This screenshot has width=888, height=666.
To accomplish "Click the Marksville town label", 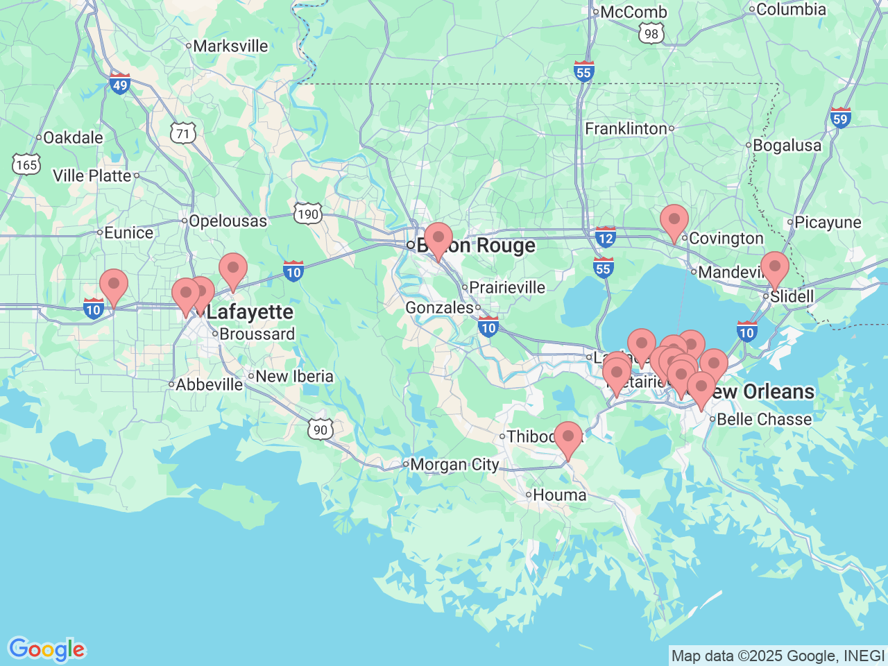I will [230, 46].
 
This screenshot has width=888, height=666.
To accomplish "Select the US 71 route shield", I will [183, 133].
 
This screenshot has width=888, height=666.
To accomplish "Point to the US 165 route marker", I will [26, 164].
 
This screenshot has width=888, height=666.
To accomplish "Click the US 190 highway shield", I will [307, 214].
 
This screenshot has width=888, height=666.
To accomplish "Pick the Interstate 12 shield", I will [606, 238].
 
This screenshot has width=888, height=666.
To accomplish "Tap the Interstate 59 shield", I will [840, 118].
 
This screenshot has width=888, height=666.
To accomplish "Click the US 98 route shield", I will [651, 34].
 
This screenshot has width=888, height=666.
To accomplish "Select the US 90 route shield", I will [320, 429].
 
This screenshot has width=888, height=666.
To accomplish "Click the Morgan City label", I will [454, 465].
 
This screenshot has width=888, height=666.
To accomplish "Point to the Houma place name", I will [559, 495].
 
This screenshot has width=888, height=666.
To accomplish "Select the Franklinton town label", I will [626, 128].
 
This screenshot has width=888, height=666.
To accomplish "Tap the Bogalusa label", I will [787, 146].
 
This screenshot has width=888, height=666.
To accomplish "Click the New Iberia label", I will [294, 377].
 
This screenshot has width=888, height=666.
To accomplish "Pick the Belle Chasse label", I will [764, 420].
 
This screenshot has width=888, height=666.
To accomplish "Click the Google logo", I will [46, 650].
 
